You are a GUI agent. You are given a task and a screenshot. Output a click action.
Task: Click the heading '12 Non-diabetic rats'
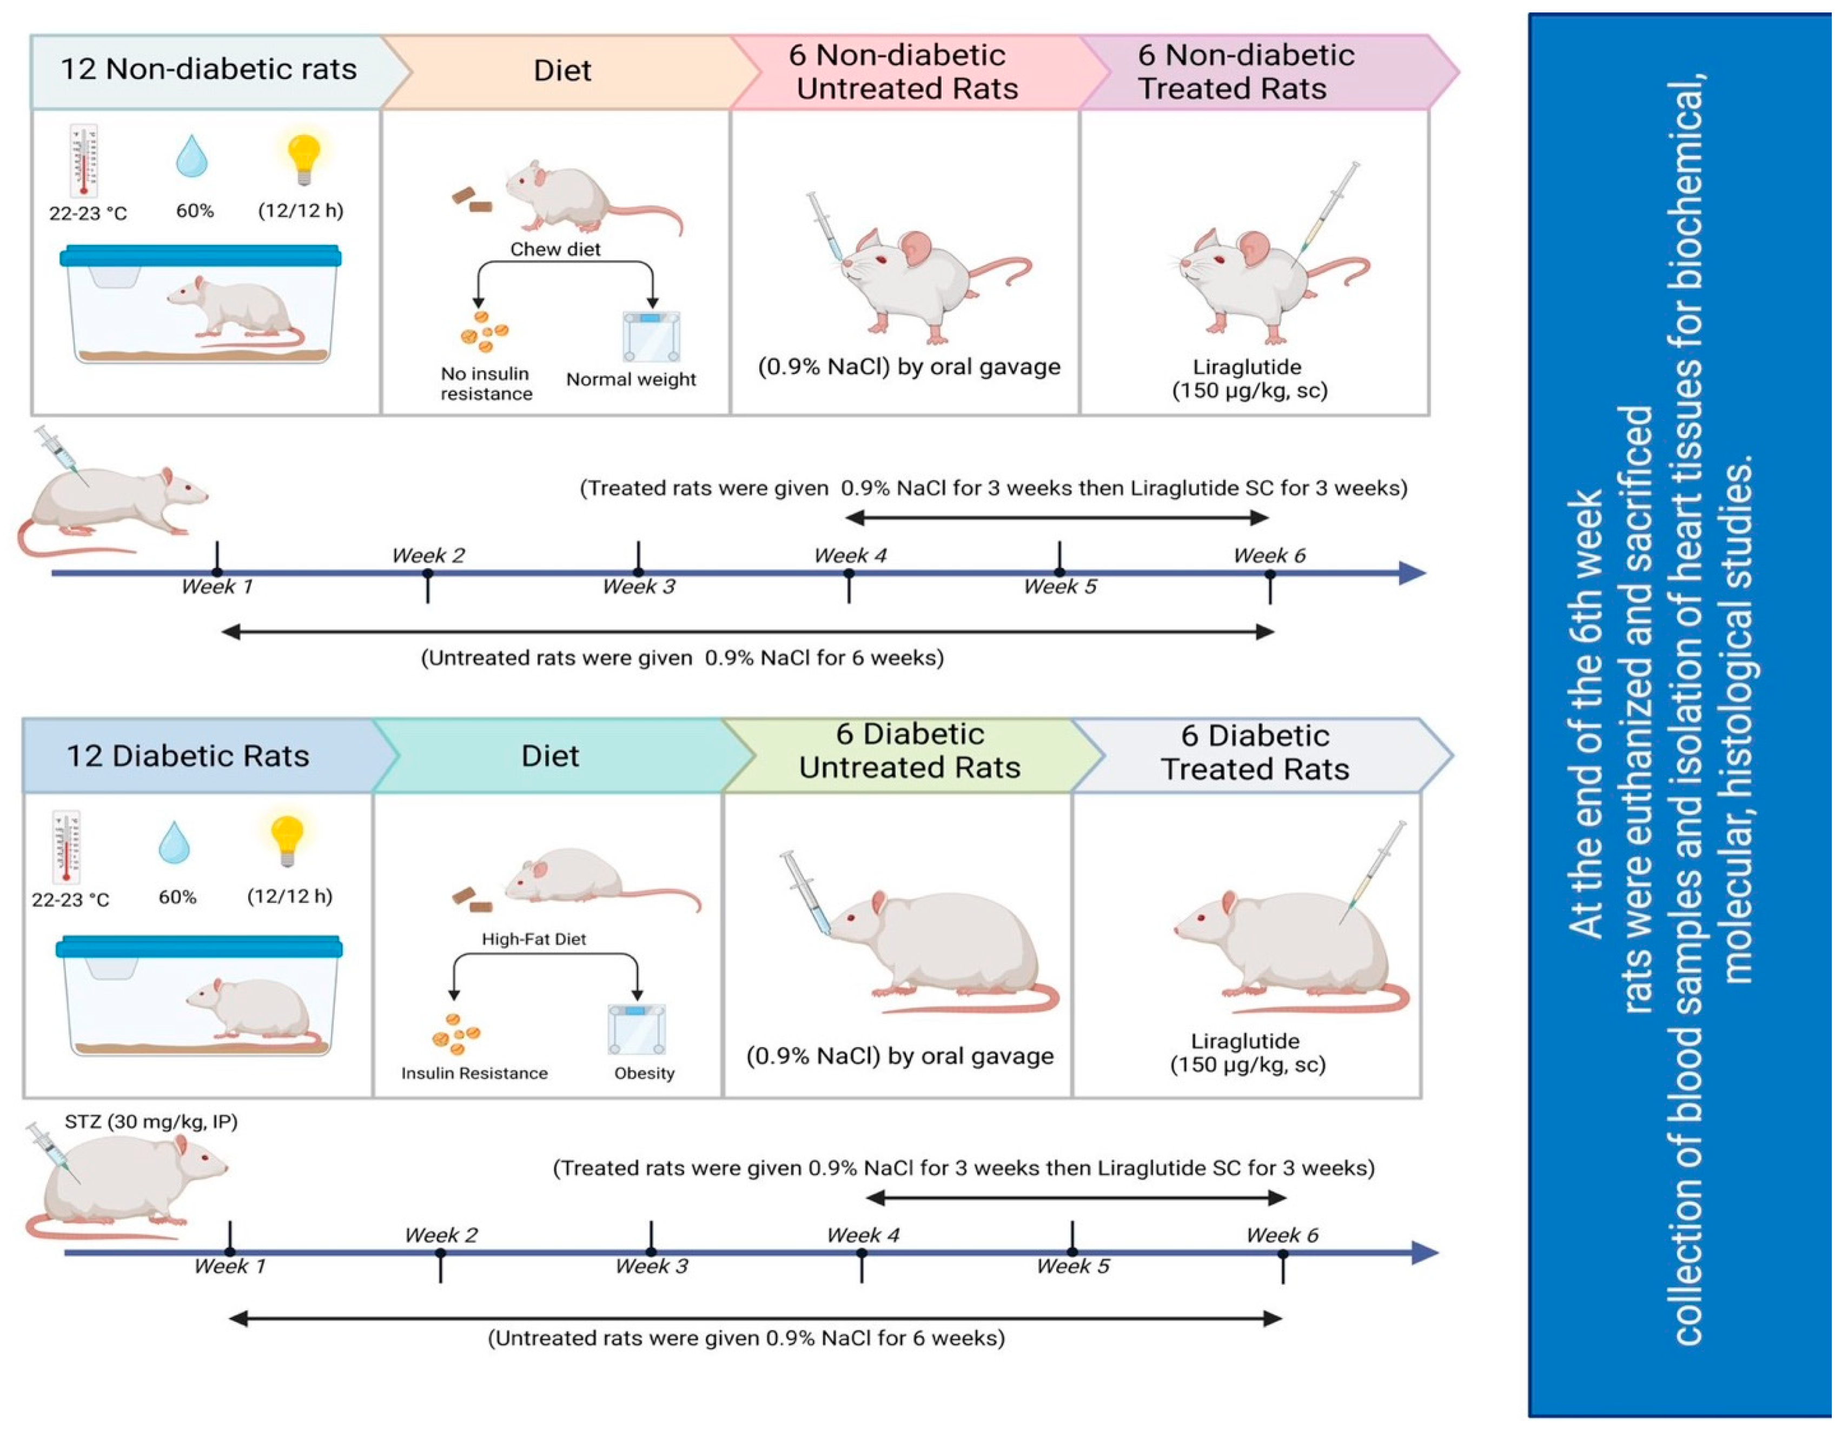click(x=208, y=69)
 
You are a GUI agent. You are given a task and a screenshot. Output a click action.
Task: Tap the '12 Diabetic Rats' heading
click(x=188, y=755)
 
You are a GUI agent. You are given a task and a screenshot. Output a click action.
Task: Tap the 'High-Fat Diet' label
click(x=533, y=939)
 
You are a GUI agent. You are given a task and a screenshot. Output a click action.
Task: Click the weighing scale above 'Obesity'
click(x=637, y=1029)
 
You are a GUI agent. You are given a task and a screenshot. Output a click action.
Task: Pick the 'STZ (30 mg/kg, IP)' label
click(x=151, y=1122)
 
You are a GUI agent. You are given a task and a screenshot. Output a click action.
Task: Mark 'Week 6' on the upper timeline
click(x=1269, y=556)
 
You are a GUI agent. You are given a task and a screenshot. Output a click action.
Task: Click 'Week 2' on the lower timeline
click(x=441, y=1235)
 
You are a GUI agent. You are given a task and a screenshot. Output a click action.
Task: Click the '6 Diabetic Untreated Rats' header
click(x=910, y=751)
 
